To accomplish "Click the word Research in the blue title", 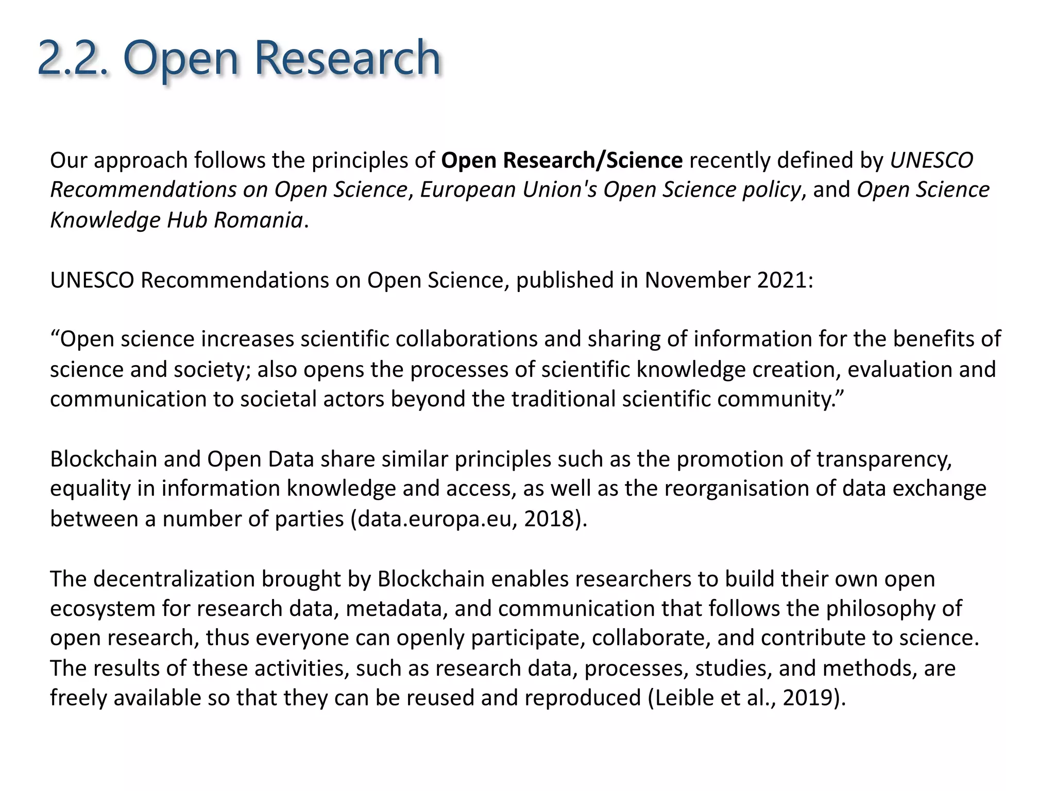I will tap(347, 58).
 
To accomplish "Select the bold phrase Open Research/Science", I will tap(562, 161).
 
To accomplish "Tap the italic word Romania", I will tap(258, 220).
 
